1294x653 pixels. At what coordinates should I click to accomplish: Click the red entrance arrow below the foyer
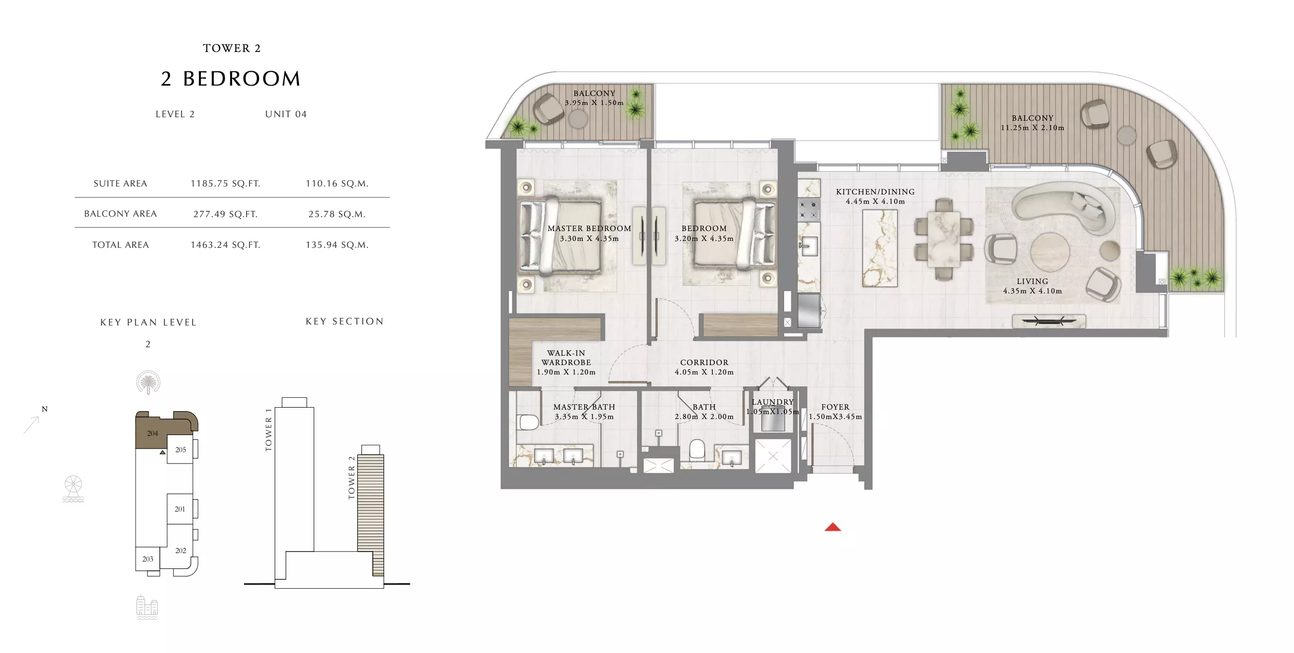tap(832, 526)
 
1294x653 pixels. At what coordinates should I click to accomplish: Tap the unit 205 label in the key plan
tap(180, 450)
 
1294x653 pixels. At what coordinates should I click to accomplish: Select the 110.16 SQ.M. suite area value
tap(337, 184)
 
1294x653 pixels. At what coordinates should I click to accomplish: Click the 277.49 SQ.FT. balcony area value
tap(226, 214)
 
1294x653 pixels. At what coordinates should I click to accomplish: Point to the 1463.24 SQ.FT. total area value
tap(226, 245)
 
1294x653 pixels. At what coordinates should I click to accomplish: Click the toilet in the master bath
tap(528, 421)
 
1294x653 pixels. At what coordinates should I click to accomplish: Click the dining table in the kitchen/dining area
tap(944, 239)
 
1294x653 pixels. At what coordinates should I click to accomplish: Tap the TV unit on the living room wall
tap(1049, 321)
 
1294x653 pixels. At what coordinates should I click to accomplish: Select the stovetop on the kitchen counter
tap(809, 209)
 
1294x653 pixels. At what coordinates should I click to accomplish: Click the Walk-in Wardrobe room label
tap(566, 357)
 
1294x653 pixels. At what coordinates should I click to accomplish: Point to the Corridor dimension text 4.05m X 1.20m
tap(704, 372)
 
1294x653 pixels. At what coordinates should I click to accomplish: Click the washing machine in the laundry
tap(773, 420)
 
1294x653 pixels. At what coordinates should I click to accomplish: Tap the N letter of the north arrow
tap(45, 409)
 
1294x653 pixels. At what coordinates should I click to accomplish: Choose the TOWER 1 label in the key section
tap(268, 430)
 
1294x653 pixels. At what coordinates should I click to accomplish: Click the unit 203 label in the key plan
tap(148, 559)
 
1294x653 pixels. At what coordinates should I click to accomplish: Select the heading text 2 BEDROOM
tap(231, 79)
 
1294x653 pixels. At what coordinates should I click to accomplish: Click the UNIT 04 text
tap(286, 114)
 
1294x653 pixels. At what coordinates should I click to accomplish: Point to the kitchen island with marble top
tap(880, 248)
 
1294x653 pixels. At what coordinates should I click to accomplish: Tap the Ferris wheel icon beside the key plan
tap(73, 488)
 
